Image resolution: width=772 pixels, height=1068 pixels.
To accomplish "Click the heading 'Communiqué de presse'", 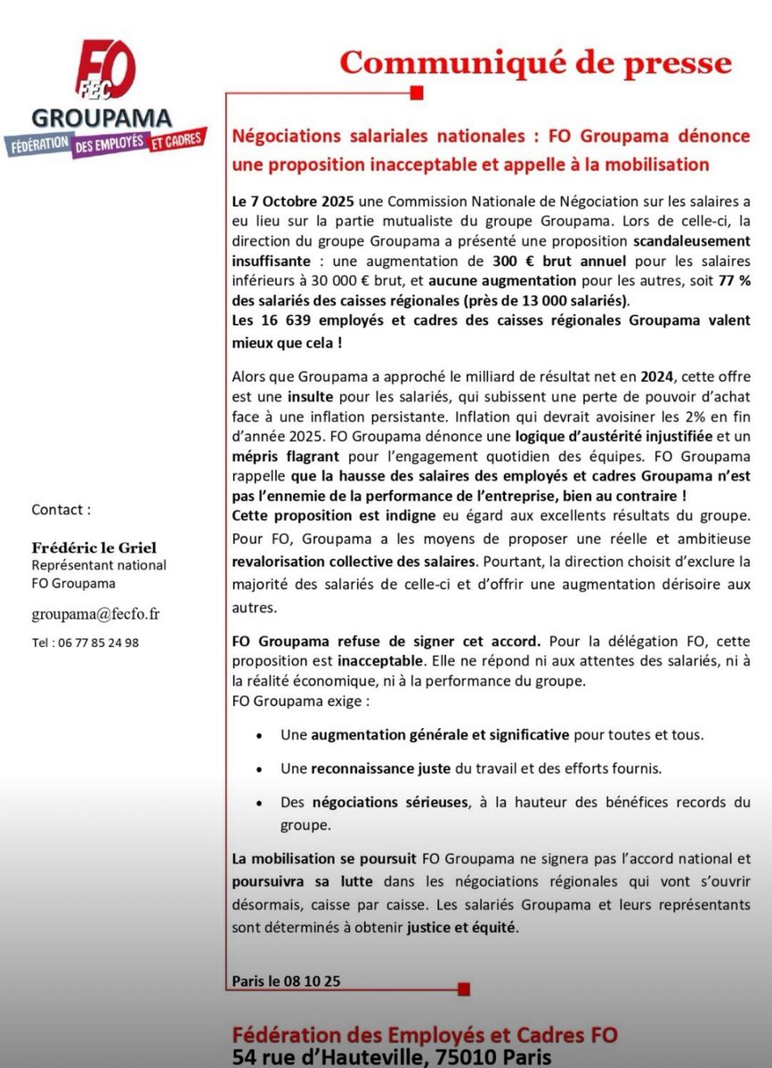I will tap(535, 63).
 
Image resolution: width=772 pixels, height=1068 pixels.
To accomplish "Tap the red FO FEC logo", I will tap(106, 74).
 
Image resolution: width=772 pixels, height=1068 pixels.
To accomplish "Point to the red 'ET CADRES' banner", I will tap(176, 138).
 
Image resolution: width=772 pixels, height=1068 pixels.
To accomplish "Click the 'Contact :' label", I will tap(61, 510).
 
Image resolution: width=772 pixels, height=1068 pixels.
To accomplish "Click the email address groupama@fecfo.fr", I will tap(96, 614).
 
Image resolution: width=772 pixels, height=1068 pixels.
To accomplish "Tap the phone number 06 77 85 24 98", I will tap(85, 642).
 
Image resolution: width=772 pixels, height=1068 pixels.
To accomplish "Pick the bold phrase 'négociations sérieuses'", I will tap(389, 802).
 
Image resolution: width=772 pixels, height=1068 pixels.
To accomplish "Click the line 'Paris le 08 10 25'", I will tap(285, 982).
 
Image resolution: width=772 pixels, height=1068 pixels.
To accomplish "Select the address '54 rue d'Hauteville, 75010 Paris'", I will tap(391, 1056).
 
